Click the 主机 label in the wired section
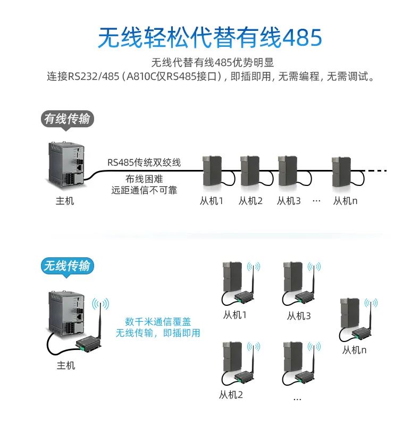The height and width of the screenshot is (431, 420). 65,201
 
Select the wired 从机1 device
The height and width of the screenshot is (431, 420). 212,171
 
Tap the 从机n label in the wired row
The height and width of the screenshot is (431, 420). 345,201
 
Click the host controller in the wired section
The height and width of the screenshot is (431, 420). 65,165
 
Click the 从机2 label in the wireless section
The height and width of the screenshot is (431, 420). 231,395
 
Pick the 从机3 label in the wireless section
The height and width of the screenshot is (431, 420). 299,316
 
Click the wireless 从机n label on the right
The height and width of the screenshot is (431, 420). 355,350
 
